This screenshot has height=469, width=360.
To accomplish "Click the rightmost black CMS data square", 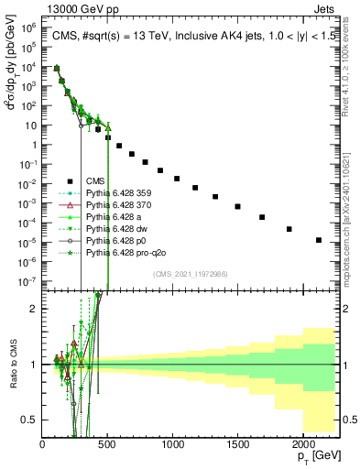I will point(318,240).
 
